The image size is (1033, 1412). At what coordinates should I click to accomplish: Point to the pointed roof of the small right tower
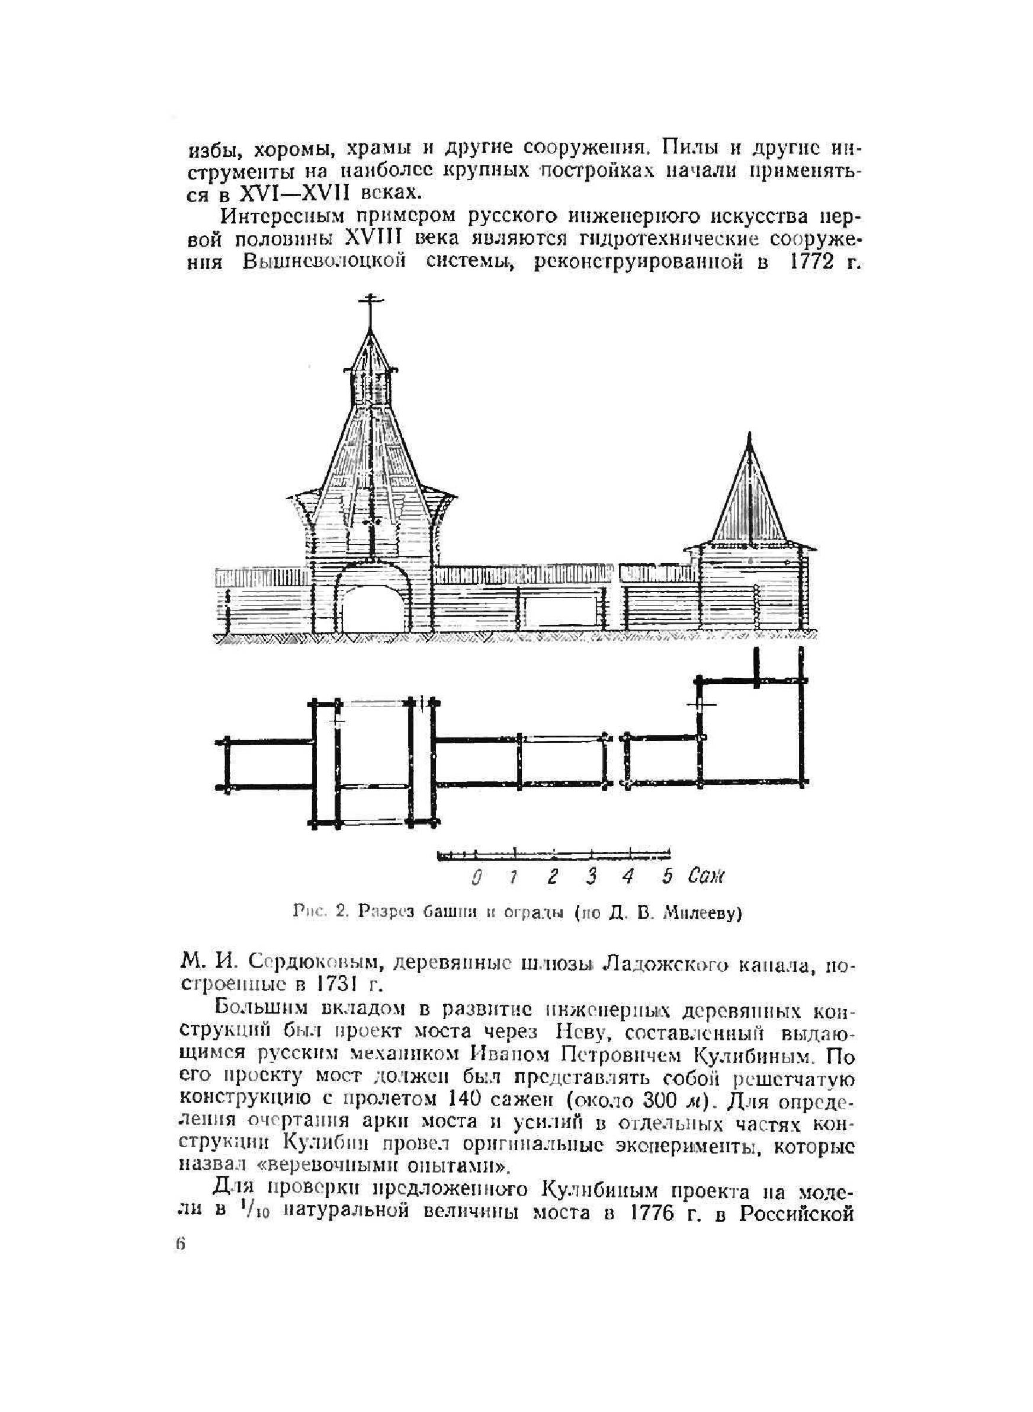[x=749, y=494]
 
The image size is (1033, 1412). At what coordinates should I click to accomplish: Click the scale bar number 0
[x=477, y=877]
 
